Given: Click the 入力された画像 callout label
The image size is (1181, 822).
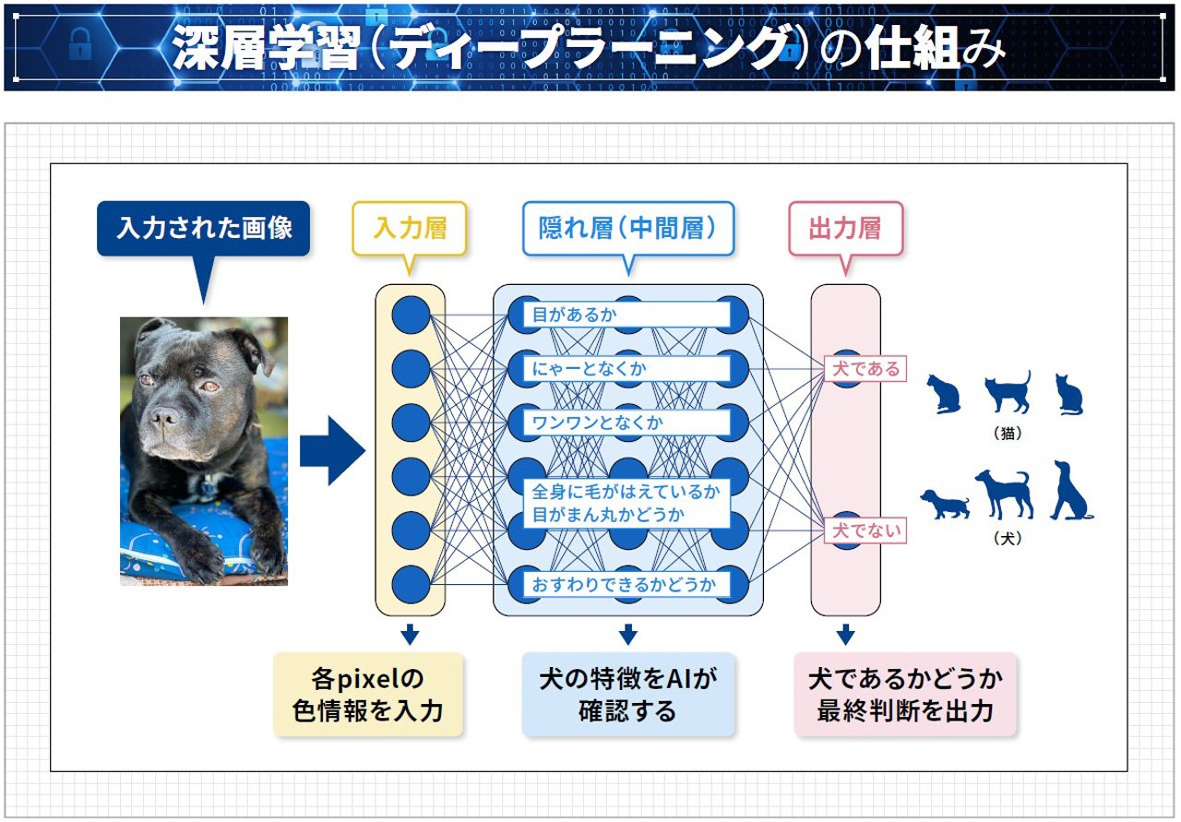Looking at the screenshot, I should coord(204,228).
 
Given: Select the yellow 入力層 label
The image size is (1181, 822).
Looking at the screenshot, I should coord(410,228).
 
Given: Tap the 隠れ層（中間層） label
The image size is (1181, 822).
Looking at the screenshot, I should coord(627,228).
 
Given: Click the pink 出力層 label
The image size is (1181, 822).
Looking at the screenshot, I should coord(844,228).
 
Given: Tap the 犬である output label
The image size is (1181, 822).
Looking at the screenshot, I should coord(865,369).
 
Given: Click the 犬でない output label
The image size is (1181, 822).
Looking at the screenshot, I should coord(865,531).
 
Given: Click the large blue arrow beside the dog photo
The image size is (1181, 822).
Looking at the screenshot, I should coord(331,450).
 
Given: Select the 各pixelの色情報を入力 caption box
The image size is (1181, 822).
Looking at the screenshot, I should coord(367,695).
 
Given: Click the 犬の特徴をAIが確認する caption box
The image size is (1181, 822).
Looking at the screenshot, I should coord(627,695).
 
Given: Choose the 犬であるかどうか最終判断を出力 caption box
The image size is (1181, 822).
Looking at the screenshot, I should coord(904,695).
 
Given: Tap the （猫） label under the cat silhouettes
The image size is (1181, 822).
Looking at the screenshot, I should coord(1009,432).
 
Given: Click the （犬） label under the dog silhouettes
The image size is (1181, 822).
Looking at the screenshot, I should coord(1009,538).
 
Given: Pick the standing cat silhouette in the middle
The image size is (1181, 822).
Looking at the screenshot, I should coord(1008,392).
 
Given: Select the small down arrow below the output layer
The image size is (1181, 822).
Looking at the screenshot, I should coord(845,635).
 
